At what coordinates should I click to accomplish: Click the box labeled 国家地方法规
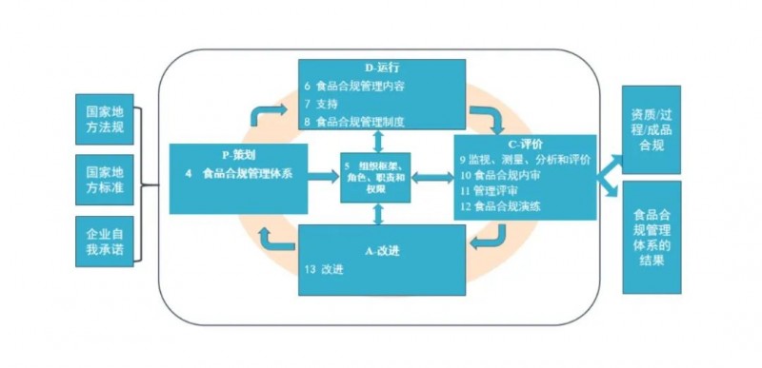coord(105,119)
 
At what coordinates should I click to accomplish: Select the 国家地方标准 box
coord(105,180)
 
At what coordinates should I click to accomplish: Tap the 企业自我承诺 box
coord(105,241)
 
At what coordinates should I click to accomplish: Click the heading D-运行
coord(382,68)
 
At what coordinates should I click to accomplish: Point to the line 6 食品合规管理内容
coord(354,87)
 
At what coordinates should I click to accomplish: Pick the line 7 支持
coord(321,104)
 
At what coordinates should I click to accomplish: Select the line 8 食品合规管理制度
coord(354,121)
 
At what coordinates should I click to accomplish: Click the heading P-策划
coord(238,155)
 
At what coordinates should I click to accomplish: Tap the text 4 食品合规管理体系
coord(239,173)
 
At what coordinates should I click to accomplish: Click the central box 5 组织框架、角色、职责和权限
coord(375,178)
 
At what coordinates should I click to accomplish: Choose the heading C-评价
coord(525,144)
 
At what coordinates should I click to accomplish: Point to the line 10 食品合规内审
coord(501,175)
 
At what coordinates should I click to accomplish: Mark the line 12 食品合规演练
coord(501,206)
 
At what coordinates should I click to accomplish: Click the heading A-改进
coord(382,252)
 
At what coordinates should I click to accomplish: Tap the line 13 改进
coord(324,269)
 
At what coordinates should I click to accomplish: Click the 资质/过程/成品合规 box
coord(652,129)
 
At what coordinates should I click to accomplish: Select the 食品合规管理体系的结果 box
coord(652,237)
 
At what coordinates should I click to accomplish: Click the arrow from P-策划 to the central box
coord(324,177)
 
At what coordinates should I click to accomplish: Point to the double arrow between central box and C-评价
coord(432,178)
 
